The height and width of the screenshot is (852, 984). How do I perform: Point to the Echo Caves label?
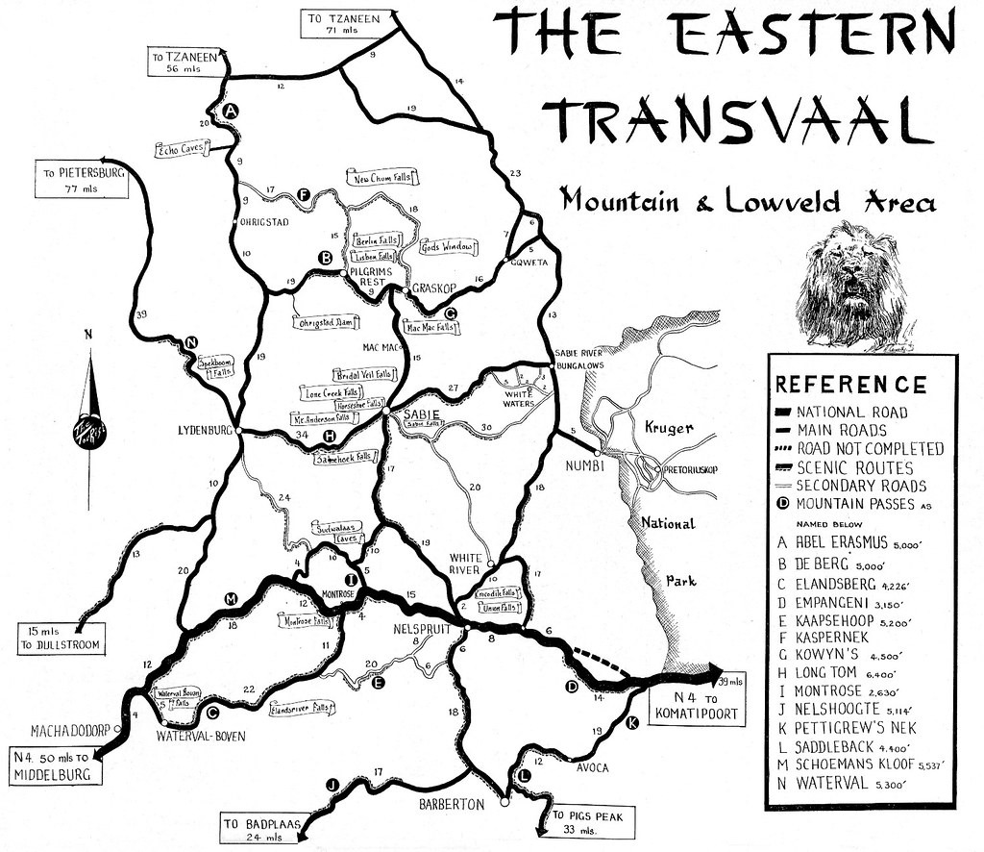pos(182,149)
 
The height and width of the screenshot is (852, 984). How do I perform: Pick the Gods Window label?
pos(448,247)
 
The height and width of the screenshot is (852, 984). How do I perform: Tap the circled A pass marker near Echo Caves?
pos(230,113)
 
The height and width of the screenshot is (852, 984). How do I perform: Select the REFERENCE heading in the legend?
pos(850,385)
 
